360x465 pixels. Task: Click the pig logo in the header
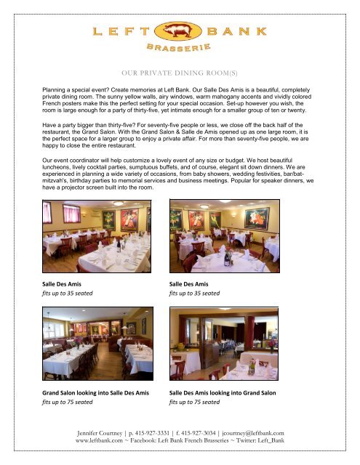point(180,31)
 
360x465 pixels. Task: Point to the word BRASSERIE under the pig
point(179,49)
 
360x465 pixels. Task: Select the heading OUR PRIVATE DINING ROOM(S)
point(180,73)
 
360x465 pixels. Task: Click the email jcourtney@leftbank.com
point(281,433)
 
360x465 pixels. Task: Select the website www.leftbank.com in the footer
point(104,441)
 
